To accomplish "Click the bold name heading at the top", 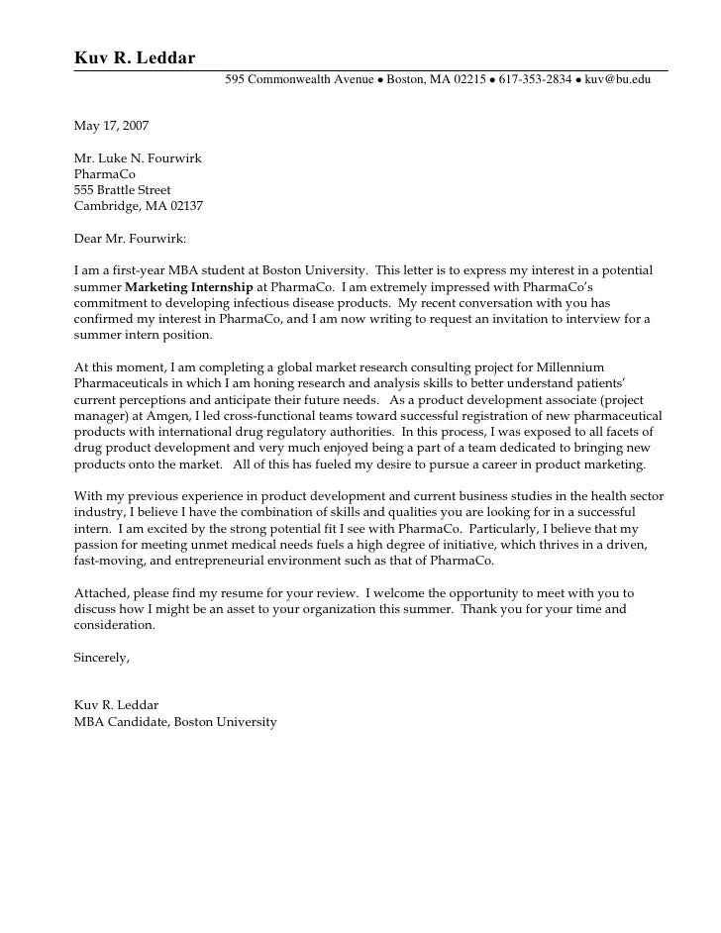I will point(135,57).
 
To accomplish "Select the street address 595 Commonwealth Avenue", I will point(299,79).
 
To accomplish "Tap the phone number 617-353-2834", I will point(535,79).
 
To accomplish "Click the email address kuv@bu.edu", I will point(618,79).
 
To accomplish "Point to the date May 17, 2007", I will point(112,126).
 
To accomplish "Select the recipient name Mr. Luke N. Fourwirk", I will point(138,158).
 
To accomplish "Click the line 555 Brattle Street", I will point(123,190).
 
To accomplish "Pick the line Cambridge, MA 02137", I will point(139,206).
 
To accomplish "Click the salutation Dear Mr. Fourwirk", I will point(130,239).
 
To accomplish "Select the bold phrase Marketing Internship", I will point(189,287).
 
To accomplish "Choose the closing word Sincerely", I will point(102,658).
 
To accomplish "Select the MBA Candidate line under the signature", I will point(175,722).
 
